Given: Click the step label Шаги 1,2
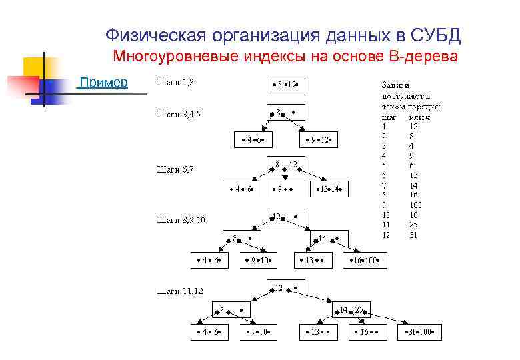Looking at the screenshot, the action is (x=176, y=83).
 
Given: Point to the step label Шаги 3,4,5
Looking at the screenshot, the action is (x=179, y=113).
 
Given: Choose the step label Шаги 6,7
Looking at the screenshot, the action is (x=175, y=169).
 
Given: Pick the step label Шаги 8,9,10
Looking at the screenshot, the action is (x=181, y=219).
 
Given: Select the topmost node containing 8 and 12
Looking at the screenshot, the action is (x=285, y=85).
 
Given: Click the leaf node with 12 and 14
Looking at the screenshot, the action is (x=331, y=189).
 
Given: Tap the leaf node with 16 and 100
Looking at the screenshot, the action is (x=366, y=260).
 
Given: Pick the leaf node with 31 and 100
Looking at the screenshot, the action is (x=420, y=331).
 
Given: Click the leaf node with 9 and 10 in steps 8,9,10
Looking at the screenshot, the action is (x=257, y=260).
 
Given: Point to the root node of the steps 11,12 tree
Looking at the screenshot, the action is (x=286, y=288).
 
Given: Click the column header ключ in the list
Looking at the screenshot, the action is (x=419, y=117).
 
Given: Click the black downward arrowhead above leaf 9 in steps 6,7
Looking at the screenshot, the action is (x=285, y=178).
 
